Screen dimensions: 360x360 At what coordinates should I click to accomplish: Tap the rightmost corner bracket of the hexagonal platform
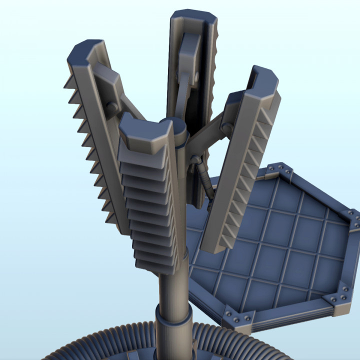[353, 220]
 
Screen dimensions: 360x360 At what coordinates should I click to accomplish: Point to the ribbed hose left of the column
[115, 345]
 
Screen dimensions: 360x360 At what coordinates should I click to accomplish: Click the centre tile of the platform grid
[280, 245]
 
